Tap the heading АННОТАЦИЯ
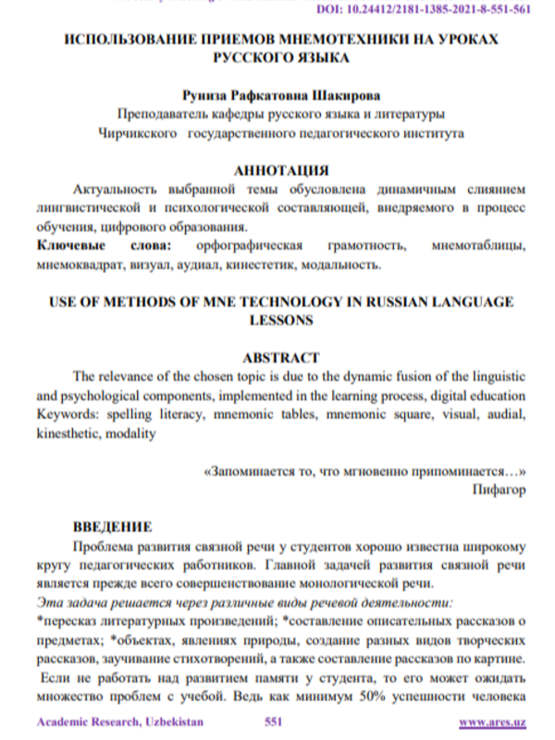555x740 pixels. point(279,171)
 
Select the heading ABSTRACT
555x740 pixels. point(279,356)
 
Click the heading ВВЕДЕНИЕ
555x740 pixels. point(113,527)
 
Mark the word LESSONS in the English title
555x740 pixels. point(279,320)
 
